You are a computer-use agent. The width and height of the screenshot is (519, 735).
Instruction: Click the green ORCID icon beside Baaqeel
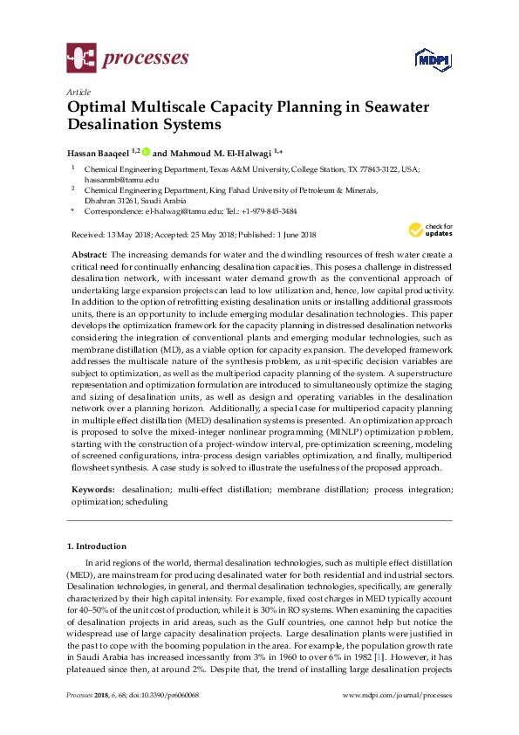tap(147, 151)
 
